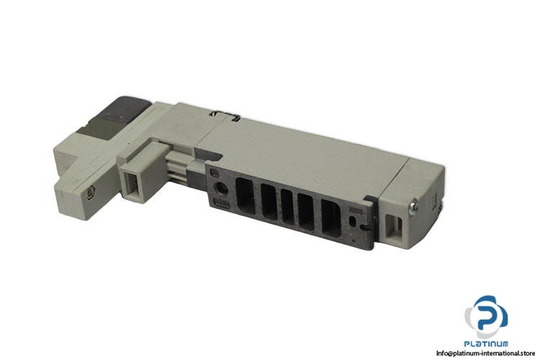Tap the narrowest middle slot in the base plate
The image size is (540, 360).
(x=287, y=207)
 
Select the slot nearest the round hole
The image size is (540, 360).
(x=244, y=196)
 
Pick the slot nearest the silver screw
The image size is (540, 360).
(x=331, y=217)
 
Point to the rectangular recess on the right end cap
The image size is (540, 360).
(x=394, y=226)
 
